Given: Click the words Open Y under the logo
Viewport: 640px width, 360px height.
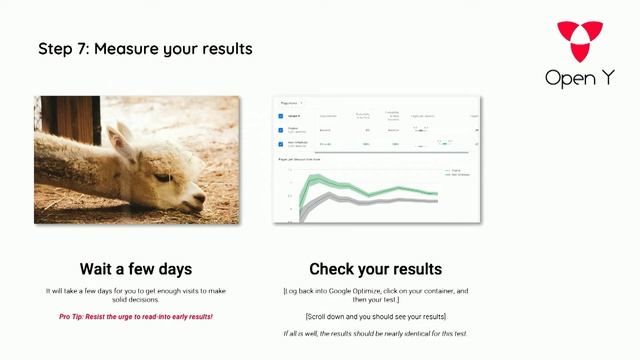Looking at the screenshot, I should (580, 77).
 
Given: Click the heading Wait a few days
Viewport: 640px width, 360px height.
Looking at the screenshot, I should (136, 269).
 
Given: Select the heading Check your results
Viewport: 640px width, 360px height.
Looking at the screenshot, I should (375, 269).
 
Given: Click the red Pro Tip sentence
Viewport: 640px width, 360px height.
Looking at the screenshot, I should (136, 316).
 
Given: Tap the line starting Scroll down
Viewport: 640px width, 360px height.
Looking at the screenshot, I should (375, 316).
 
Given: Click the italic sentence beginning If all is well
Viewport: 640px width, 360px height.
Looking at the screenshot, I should (375, 333).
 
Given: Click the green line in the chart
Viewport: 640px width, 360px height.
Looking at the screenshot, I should (370, 187).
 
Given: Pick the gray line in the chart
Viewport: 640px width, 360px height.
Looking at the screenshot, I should (370, 201).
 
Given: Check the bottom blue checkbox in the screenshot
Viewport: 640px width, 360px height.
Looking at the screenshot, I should (281, 144).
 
